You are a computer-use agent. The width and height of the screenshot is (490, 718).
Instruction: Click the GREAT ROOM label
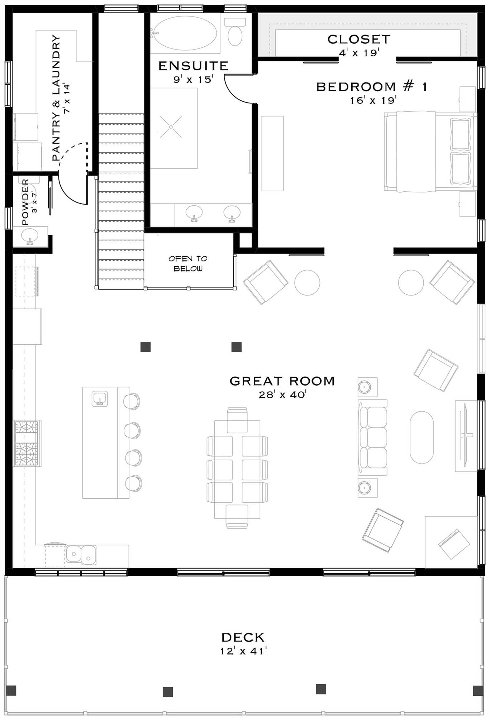point(282,381)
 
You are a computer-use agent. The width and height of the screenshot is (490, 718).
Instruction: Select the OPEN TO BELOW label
point(188,264)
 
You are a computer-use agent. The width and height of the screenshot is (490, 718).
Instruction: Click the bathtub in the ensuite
point(184,33)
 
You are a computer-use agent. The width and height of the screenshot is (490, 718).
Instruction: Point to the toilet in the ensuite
point(235,33)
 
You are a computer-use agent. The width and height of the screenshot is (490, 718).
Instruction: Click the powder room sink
point(29,237)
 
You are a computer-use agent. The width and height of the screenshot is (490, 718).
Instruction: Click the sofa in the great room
point(373,437)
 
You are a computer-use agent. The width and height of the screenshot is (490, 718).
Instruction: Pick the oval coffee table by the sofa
point(422,437)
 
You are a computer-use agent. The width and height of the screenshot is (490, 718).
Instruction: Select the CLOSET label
point(359,39)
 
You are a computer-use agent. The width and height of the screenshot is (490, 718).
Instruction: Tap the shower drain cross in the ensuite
point(171,127)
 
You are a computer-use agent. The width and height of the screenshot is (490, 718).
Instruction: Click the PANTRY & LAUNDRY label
point(56,98)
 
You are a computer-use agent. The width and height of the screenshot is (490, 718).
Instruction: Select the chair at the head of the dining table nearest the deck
point(237,516)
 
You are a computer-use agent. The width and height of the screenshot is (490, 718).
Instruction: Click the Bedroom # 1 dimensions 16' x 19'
point(373,100)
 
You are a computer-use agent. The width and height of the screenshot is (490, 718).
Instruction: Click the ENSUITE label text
point(193,66)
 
